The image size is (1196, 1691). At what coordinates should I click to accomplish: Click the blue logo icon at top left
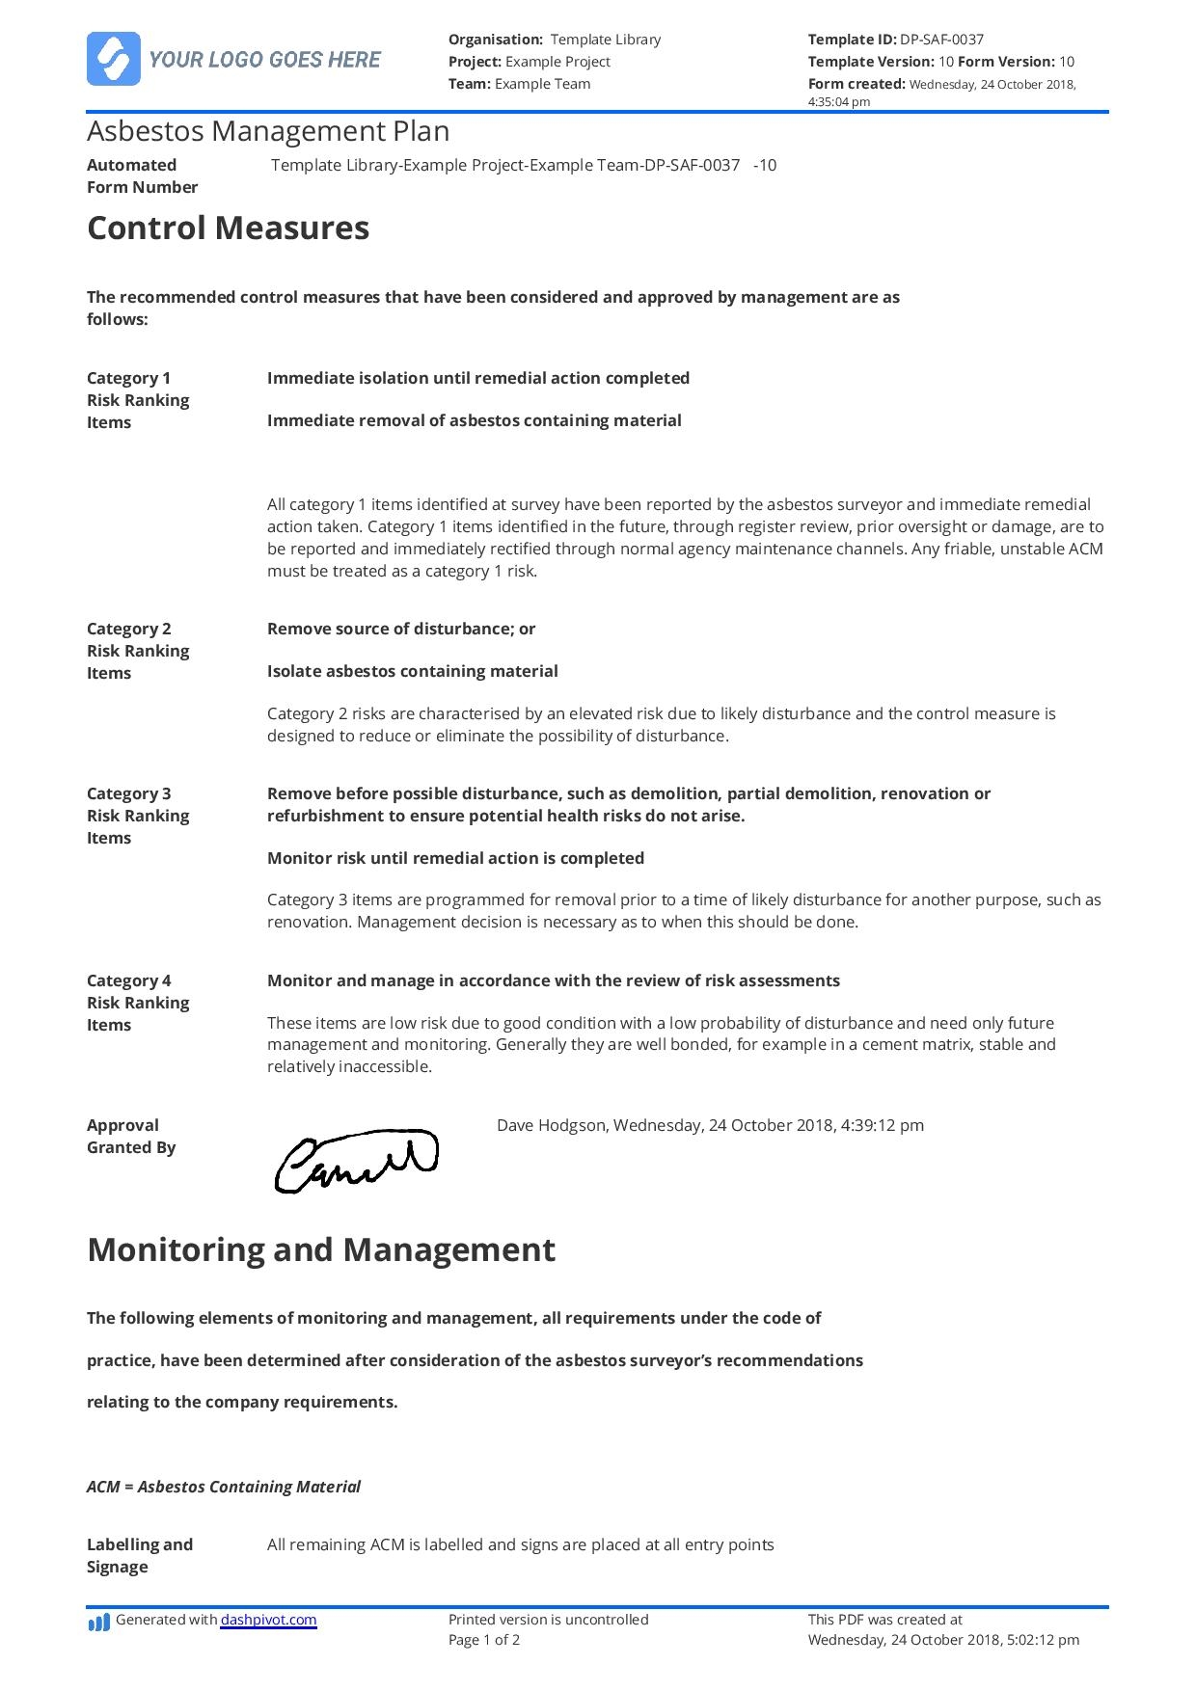(x=114, y=59)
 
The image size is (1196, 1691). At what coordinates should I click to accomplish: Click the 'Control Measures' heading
(x=228, y=228)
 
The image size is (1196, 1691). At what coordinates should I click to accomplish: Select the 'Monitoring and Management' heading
(x=320, y=1249)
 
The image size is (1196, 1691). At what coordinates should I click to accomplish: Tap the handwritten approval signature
(x=356, y=1160)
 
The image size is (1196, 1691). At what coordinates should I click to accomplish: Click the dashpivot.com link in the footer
(x=268, y=1620)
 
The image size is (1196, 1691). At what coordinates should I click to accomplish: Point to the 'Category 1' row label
(x=128, y=378)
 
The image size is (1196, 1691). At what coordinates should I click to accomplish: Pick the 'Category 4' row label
(x=128, y=980)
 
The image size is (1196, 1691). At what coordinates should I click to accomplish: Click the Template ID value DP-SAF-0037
(x=941, y=40)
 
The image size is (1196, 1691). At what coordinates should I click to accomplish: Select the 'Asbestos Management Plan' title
(x=268, y=131)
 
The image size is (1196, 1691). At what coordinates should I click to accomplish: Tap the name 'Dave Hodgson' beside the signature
(x=551, y=1125)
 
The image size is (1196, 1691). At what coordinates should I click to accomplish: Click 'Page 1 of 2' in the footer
(x=484, y=1640)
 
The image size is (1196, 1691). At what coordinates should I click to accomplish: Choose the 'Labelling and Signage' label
(x=139, y=1555)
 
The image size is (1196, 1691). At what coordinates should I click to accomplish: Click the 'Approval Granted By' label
(x=130, y=1136)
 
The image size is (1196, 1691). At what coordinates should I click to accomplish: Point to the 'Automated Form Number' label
(x=142, y=175)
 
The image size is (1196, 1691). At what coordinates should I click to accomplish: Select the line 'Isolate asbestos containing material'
(x=412, y=671)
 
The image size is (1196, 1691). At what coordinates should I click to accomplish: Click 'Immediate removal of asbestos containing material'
(x=474, y=420)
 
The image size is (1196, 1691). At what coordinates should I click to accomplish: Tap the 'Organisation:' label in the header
(x=496, y=40)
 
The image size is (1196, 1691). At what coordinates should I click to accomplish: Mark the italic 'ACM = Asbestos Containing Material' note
(x=223, y=1487)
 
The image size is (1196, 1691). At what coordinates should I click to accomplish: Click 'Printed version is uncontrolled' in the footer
(x=548, y=1620)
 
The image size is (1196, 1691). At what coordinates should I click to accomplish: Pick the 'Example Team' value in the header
(x=542, y=84)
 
